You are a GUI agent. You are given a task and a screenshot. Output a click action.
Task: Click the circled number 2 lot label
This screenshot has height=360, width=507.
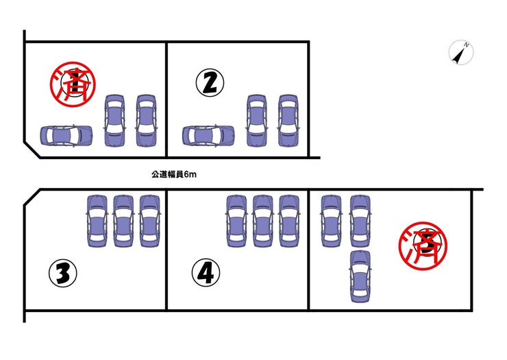(210, 82)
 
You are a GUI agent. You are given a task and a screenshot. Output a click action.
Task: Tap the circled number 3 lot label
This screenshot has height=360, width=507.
(63, 274)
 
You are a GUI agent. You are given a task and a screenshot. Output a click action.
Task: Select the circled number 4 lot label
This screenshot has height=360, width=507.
(206, 273)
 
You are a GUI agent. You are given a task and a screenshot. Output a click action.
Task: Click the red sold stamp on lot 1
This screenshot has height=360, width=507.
(73, 84)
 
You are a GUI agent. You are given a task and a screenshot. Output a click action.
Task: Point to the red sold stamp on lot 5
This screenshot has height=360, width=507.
(423, 245)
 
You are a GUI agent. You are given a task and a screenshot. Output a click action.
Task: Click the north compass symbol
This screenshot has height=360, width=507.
(461, 52)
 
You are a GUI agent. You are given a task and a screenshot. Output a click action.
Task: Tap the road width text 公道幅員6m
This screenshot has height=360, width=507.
(174, 174)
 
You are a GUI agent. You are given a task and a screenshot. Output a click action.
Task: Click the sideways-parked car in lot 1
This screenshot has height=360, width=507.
(66, 135)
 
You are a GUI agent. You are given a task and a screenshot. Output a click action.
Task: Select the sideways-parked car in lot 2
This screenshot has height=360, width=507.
(208, 135)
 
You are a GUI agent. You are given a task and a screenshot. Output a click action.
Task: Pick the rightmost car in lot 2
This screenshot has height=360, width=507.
(288, 121)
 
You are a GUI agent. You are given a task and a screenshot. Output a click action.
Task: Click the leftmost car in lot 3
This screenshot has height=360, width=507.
(97, 221)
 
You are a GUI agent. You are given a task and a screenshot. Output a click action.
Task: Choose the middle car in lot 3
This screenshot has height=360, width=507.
(123, 221)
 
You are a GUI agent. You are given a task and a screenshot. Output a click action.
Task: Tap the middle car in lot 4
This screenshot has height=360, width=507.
(263, 221)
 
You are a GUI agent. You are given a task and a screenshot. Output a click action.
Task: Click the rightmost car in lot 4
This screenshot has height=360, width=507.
(289, 221)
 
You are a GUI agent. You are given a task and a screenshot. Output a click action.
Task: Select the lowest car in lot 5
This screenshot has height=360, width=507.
(360, 276)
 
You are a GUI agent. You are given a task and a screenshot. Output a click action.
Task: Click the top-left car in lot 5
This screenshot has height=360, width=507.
(332, 221)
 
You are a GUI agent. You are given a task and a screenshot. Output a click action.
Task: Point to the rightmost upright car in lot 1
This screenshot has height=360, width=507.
(146, 121)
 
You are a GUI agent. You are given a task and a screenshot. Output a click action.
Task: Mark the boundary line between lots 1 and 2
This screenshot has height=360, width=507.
(166, 99)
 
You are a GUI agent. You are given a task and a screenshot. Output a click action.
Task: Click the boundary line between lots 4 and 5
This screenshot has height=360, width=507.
(309, 250)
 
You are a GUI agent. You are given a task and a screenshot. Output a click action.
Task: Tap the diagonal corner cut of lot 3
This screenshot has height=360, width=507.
(32, 197)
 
